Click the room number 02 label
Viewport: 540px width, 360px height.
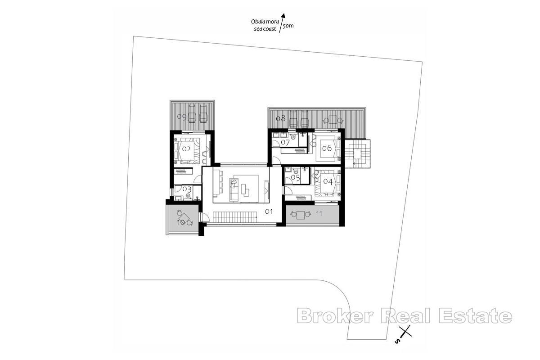186,148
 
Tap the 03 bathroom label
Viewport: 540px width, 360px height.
186,189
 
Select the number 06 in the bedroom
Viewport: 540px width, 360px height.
327,148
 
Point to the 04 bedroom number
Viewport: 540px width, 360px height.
328,181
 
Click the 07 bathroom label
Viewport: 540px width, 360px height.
285,143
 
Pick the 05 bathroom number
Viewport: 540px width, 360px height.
295,178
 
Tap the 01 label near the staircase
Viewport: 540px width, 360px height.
269,211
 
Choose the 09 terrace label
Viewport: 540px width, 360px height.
182,117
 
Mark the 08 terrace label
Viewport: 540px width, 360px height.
280,118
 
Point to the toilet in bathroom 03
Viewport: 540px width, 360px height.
188,197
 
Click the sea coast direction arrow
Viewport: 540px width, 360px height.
283,22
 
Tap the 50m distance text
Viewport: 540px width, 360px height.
288,27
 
